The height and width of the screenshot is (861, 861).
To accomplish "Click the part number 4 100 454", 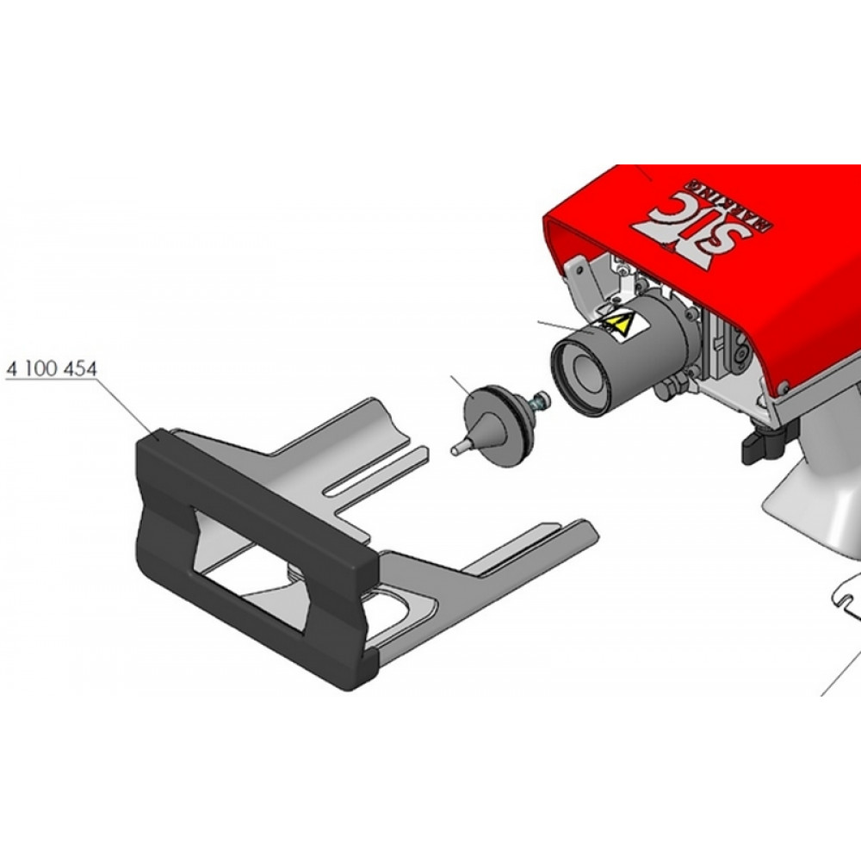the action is click(53, 368).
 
